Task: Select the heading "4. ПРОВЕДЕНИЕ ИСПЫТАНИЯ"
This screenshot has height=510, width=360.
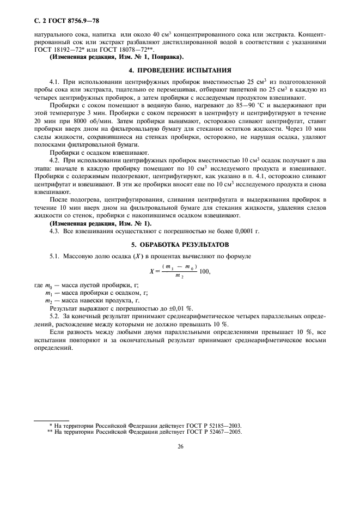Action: coord(180,70)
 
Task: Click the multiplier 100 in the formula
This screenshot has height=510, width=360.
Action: coord(206,271)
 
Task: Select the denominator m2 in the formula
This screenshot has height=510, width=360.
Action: coord(178,276)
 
